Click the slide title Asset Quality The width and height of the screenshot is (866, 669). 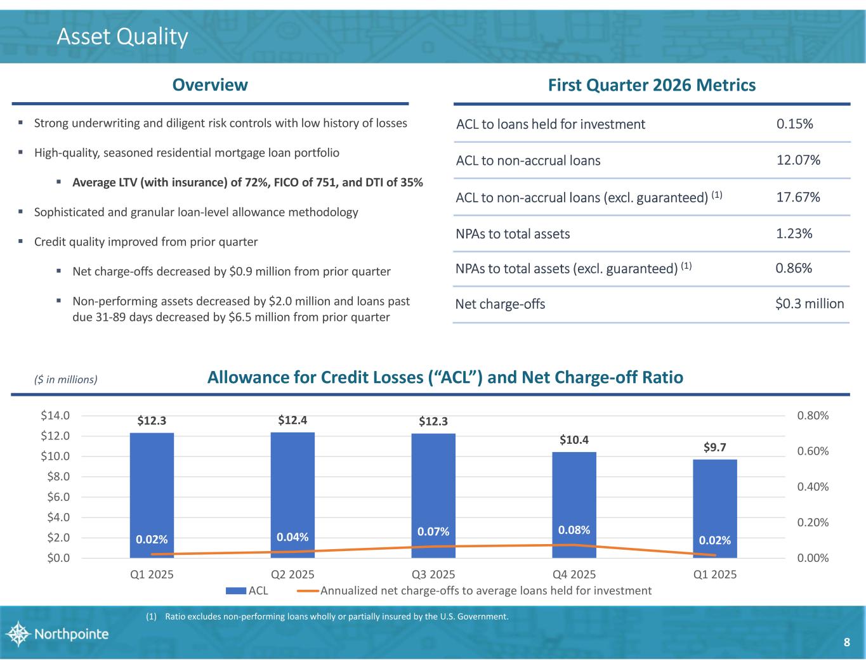[x=122, y=37]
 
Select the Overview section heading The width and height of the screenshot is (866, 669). [x=210, y=85]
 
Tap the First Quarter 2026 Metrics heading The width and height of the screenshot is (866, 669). [x=652, y=85]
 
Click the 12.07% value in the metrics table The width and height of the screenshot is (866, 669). [x=798, y=160]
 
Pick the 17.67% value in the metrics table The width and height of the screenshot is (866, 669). [x=798, y=197]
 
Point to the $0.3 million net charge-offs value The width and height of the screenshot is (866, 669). [x=810, y=304]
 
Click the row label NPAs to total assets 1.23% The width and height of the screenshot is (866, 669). [x=513, y=234]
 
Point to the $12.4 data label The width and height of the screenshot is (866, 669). [x=292, y=420]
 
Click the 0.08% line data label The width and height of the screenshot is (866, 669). [x=574, y=529]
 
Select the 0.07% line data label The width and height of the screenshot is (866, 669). [x=433, y=531]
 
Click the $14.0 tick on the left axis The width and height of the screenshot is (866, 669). [x=55, y=416]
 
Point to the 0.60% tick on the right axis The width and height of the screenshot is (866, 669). [x=812, y=451]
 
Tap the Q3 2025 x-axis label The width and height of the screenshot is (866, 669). [x=433, y=575]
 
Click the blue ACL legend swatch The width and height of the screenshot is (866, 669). [x=237, y=591]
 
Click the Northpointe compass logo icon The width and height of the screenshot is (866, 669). [x=17, y=634]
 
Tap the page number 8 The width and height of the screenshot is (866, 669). [x=846, y=643]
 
